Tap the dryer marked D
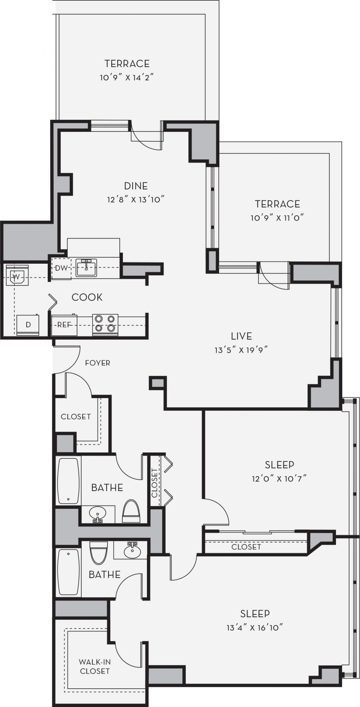click(x=28, y=325)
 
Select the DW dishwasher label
click(x=60, y=268)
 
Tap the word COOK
click(x=87, y=297)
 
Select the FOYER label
click(x=98, y=363)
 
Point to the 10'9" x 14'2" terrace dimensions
click(x=127, y=77)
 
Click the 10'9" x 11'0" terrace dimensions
click(x=277, y=218)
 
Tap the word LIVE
click(x=242, y=336)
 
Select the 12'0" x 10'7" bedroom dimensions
click(x=279, y=479)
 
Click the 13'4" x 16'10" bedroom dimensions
click(x=255, y=628)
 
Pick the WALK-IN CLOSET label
click(x=94, y=666)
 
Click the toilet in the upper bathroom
click(x=131, y=511)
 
